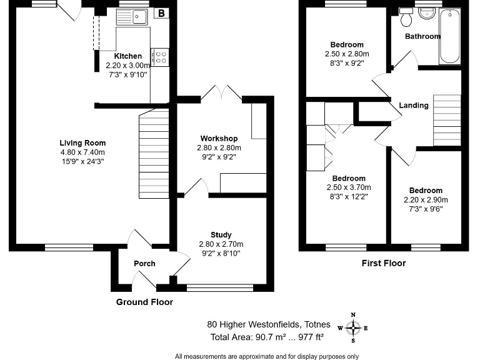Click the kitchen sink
[132, 16]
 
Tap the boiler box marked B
[161, 13]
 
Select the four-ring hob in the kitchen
[160, 57]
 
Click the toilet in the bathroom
[406, 17]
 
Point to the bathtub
[450, 36]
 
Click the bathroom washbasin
[426, 14]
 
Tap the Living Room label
[82, 143]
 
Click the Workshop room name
[219, 138]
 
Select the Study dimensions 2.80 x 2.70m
[221, 244]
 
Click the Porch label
[144, 264]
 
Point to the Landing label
[414, 106]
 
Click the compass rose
[353, 328]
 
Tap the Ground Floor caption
[144, 302]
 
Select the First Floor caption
[384, 263]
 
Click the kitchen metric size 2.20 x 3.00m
[128, 65]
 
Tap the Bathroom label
[422, 36]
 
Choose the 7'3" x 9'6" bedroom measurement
[426, 209]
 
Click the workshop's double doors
[221, 92]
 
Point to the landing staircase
[447, 120]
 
